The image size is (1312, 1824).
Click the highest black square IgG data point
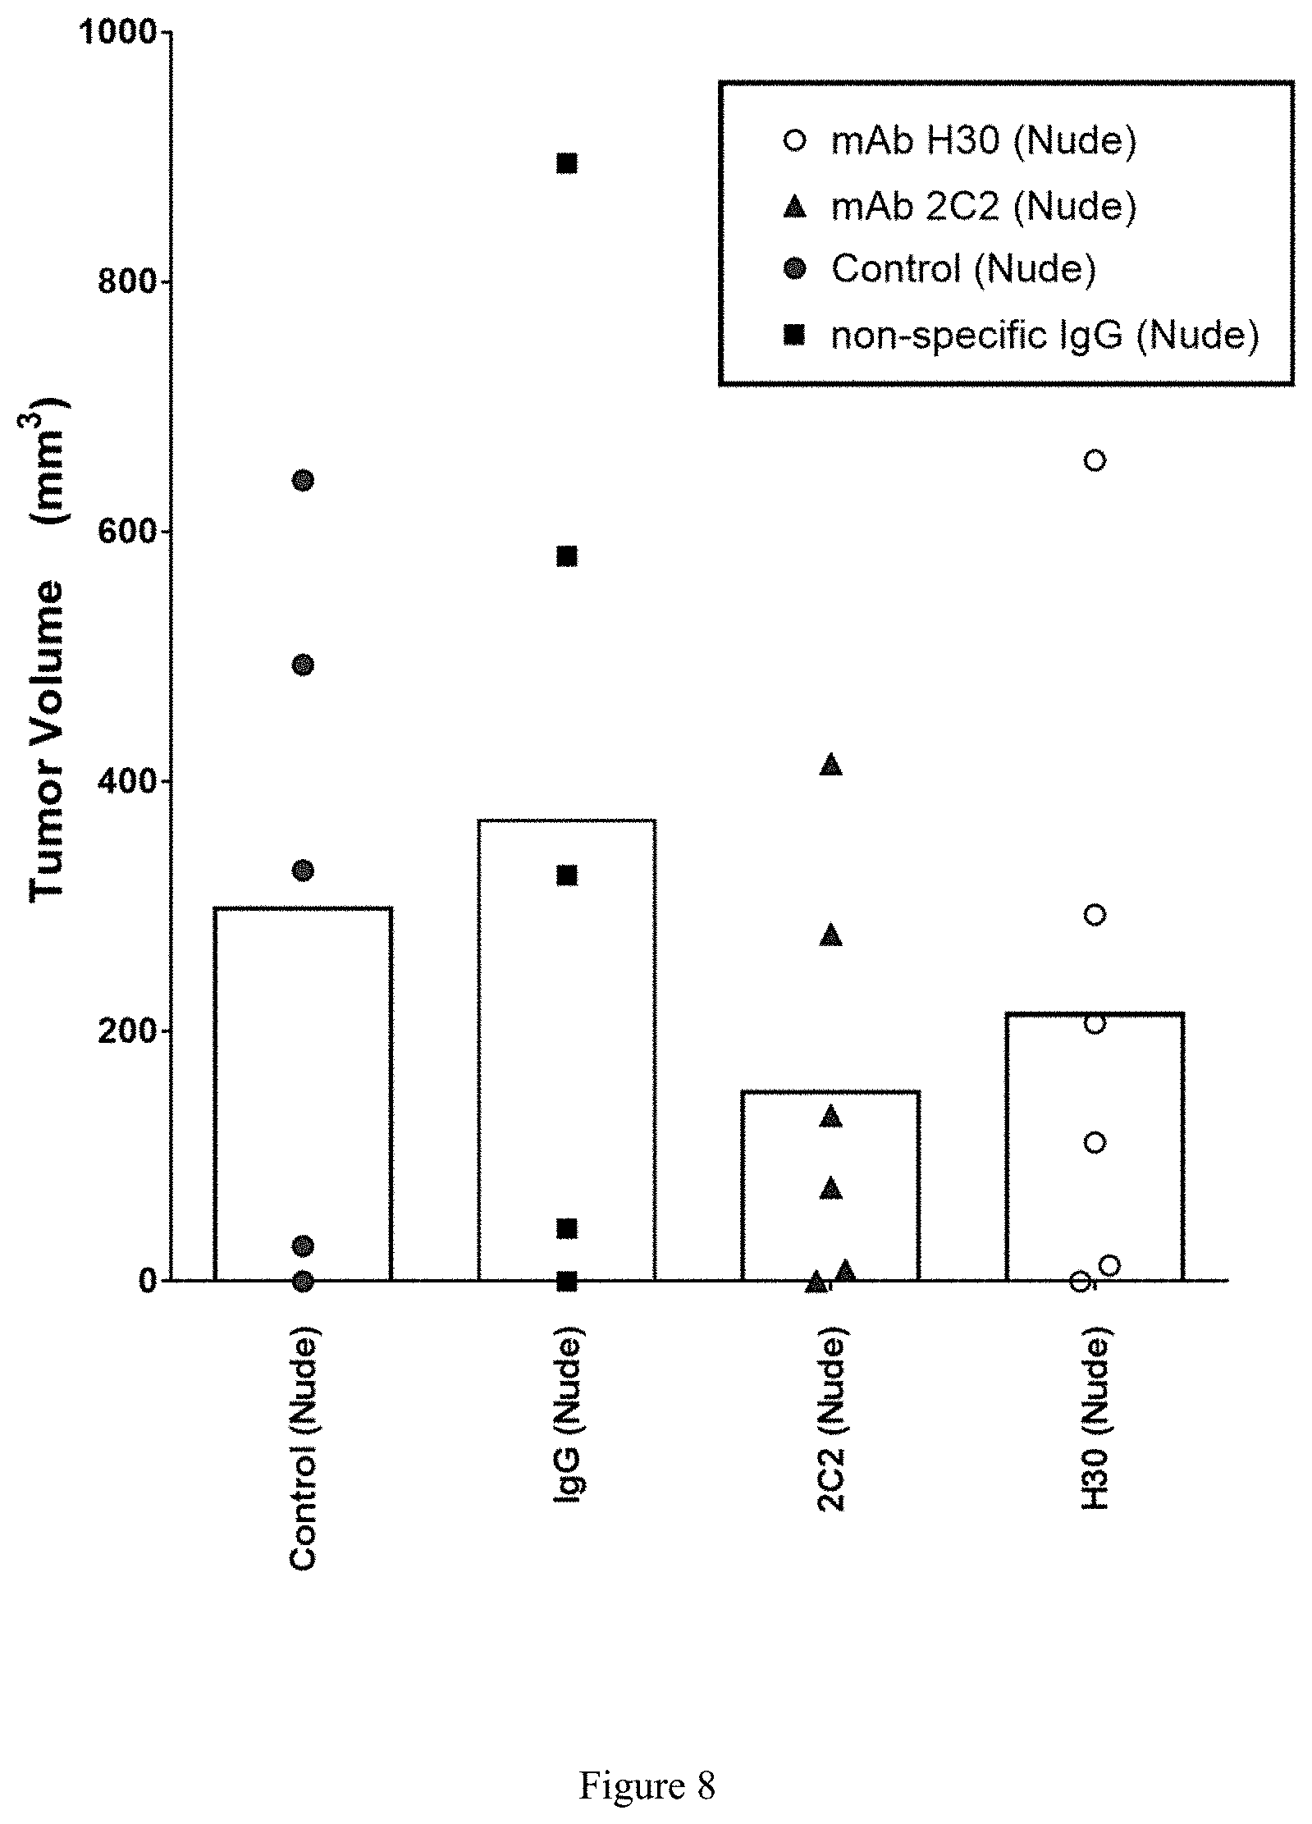tap(567, 163)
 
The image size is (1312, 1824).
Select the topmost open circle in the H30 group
tap(1095, 460)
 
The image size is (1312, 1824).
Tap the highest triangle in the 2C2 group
tap(831, 764)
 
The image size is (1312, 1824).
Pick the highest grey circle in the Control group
tap(303, 480)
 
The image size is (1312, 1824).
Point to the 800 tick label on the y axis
tap(127, 281)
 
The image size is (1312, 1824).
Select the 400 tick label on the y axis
tap(127, 781)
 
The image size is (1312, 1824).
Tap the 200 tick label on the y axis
tap(127, 1031)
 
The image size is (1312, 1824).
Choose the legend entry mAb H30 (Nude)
tap(984, 141)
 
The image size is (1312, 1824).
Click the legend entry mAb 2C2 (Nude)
tap(984, 205)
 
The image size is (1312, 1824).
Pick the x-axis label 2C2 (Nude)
tap(831, 1424)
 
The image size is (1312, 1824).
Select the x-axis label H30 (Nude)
tap(1095, 1424)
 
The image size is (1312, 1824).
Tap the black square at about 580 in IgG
tap(567, 556)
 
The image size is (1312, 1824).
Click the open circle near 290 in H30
tap(1095, 915)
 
